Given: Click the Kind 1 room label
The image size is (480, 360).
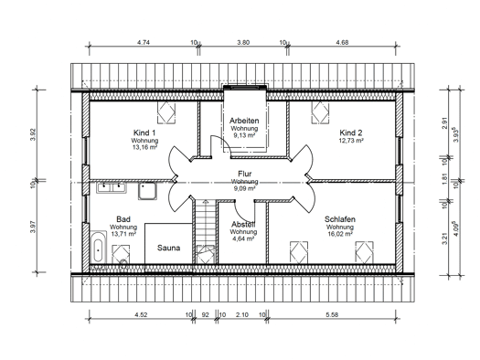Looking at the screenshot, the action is click(x=144, y=132).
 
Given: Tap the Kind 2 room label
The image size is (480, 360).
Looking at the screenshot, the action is click(x=351, y=132).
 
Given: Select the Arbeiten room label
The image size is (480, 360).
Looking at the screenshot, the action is click(x=244, y=121).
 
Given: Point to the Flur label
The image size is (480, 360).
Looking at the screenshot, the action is click(x=245, y=174).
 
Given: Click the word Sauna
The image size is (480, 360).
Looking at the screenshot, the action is click(x=168, y=248).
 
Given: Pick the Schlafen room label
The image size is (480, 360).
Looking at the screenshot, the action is click(x=340, y=219).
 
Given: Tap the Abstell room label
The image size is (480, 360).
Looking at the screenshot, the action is click(x=243, y=224).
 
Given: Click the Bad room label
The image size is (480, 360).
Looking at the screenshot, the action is click(x=123, y=219).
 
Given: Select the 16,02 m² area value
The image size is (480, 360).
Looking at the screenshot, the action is click(x=340, y=234).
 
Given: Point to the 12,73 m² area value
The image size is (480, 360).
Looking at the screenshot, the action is click(x=351, y=141).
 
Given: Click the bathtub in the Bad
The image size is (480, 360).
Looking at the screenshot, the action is click(x=98, y=247).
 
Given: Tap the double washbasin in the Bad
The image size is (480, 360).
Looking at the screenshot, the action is click(x=112, y=187).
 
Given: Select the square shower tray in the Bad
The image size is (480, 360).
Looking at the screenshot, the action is click(x=147, y=191).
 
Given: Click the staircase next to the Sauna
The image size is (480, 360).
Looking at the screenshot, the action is click(x=206, y=231).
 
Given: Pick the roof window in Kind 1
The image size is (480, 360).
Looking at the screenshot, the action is click(x=166, y=112).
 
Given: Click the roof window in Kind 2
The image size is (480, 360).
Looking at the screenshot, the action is click(x=321, y=112).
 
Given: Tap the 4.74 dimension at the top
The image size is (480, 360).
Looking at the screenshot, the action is click(x=144, y=43).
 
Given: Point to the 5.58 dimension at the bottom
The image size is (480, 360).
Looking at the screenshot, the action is click(x=332, y=314).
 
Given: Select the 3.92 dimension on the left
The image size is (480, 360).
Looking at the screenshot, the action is click(x=33, y=134).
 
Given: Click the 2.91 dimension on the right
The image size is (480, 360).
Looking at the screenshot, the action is click(x=444, y=123).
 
